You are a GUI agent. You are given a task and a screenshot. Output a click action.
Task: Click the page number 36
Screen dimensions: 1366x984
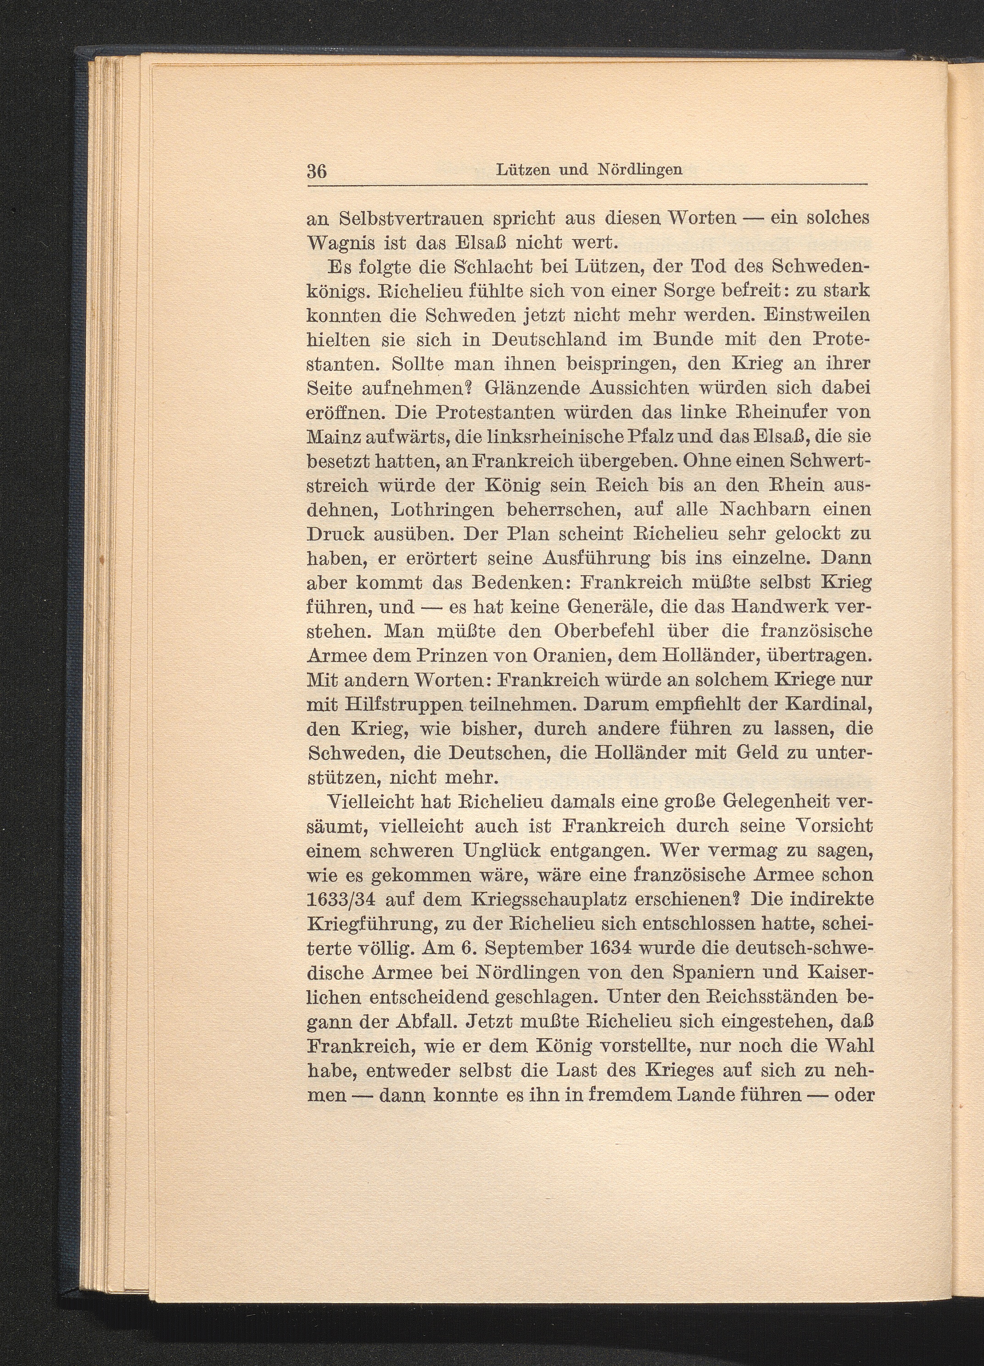tap(317, 171)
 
